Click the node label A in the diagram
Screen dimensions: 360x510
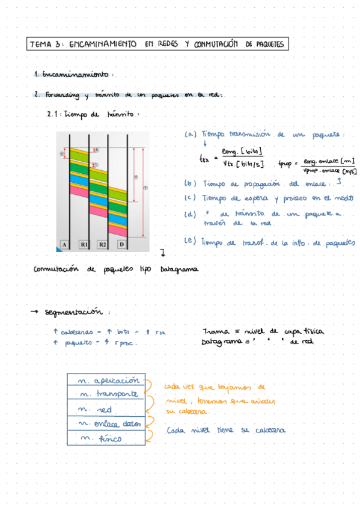[x=64, y=244]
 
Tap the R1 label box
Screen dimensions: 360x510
[x=84, y=244]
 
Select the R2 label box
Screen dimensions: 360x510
[x=102, y=244]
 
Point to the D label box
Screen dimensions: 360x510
[x=121, y=244]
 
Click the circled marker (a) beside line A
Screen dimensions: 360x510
[x=62, y=153]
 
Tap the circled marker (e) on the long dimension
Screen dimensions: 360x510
[x=145, y=187]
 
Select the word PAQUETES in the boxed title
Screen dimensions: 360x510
[x=268, y=45]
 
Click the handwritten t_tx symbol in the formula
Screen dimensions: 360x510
[x=204, y=159]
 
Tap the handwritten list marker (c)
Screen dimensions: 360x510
[x=191, y=198]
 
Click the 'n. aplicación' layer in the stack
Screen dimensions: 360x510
[x=106, y=381]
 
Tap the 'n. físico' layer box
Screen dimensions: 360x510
[x=106, y=438]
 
